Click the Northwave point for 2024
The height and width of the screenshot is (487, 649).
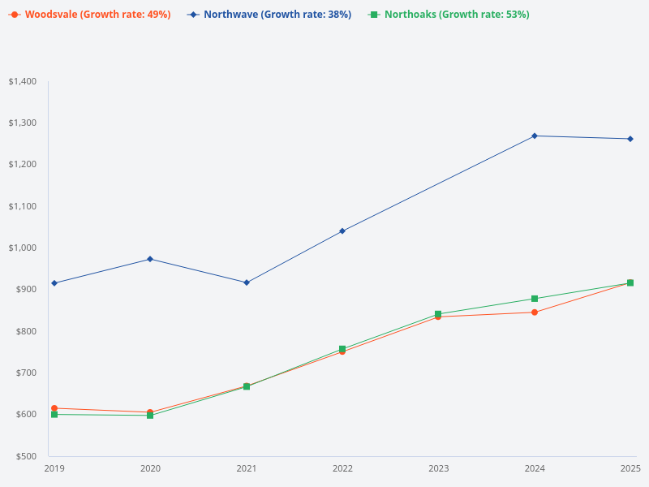pyautogui.click(x=535, y=136)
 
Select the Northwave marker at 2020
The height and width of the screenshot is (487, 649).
pyautogui.click(x=150, y=259)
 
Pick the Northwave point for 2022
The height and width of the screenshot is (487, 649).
pyautogui.click(x=342, y=231)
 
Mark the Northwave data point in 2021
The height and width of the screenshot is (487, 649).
pyautogui.click(x=247, y=282)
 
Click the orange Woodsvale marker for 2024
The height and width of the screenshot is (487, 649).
pyautogui.click(x=535, y=312)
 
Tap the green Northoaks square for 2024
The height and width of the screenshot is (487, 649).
pyautogui.click(x=535, y=299)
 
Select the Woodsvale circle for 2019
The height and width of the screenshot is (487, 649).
pyautogui.click(x=54, y=408)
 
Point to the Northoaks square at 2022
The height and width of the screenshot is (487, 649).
pyautogui.click(x=342, y=349)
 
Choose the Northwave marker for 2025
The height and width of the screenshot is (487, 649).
pyautogui.click(x=630, y=139)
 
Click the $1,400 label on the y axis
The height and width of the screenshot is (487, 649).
pyautogui.click(x=23, y=81)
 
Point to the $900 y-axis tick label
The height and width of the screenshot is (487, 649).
pyautogui.click(x=25, y=290)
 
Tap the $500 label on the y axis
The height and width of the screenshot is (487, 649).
pyautogui.click(x=25, y=456)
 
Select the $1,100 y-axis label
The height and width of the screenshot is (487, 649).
pyautogui.click(x=23, y=206)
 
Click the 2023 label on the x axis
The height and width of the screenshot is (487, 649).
pyautogui.click(x=438, y=468)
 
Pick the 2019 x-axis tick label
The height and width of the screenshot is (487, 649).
pyautogui.click(x=54, y=468)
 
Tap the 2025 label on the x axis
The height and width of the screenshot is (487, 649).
pyautogui.click(x=630, y=468)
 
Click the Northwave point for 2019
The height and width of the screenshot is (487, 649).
pyautogui.click(x=54, y=283)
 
